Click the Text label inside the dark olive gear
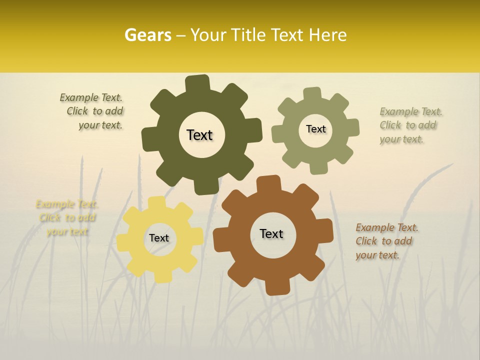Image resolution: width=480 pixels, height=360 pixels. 199,135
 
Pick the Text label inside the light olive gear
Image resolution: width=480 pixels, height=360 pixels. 315,129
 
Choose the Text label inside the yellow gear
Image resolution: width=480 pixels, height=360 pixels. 159,238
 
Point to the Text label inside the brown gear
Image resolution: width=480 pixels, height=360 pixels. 271,233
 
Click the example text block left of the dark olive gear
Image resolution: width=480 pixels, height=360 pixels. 93,111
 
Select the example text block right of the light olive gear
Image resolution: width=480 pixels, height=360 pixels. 410,125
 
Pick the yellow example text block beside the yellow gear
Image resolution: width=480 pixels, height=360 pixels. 66,217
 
